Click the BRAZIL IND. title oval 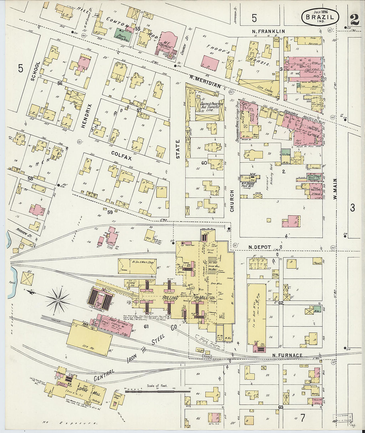point(320,17)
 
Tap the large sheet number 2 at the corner point(354,19)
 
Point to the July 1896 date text point(320,11)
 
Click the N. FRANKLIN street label point(267,32)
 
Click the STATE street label point(178,149)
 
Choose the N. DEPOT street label point(260,247)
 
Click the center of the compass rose point(58,300)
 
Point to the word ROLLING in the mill point(170,298)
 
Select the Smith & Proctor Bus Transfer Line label point(211,107)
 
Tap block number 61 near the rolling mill point(146,327)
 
